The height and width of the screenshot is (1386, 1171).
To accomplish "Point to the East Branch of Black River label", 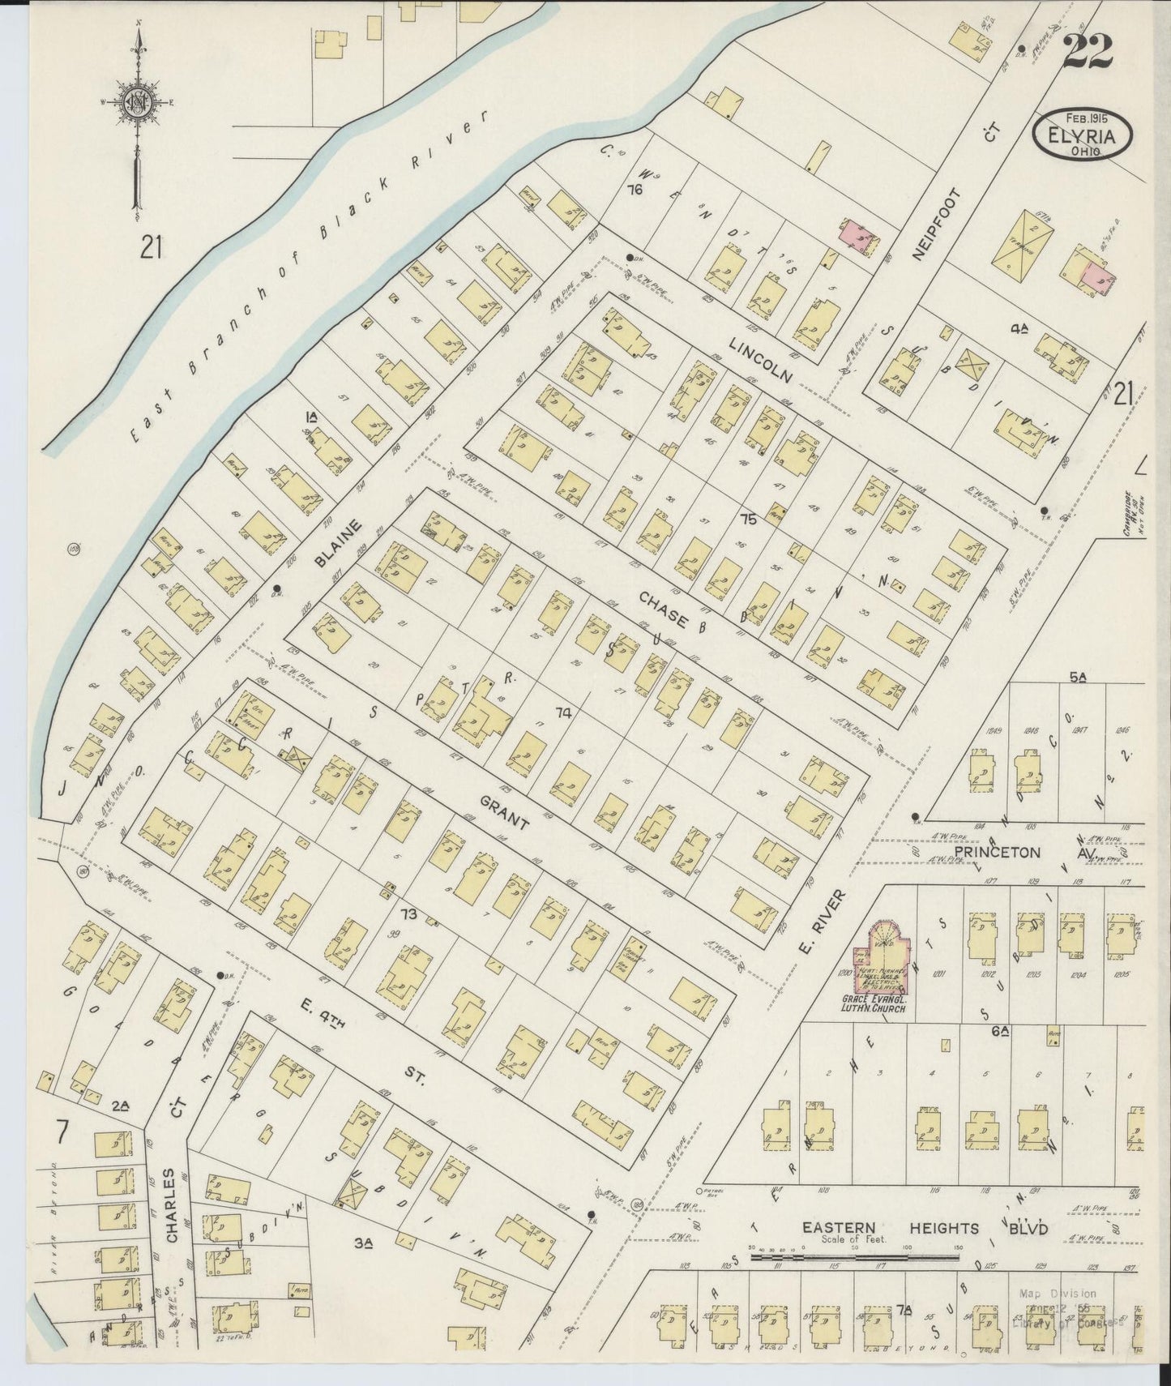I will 310,276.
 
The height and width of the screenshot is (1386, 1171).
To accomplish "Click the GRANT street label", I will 504,813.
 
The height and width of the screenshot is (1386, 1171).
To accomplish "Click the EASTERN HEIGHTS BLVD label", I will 924,1230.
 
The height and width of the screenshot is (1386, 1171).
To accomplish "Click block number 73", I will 408,915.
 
